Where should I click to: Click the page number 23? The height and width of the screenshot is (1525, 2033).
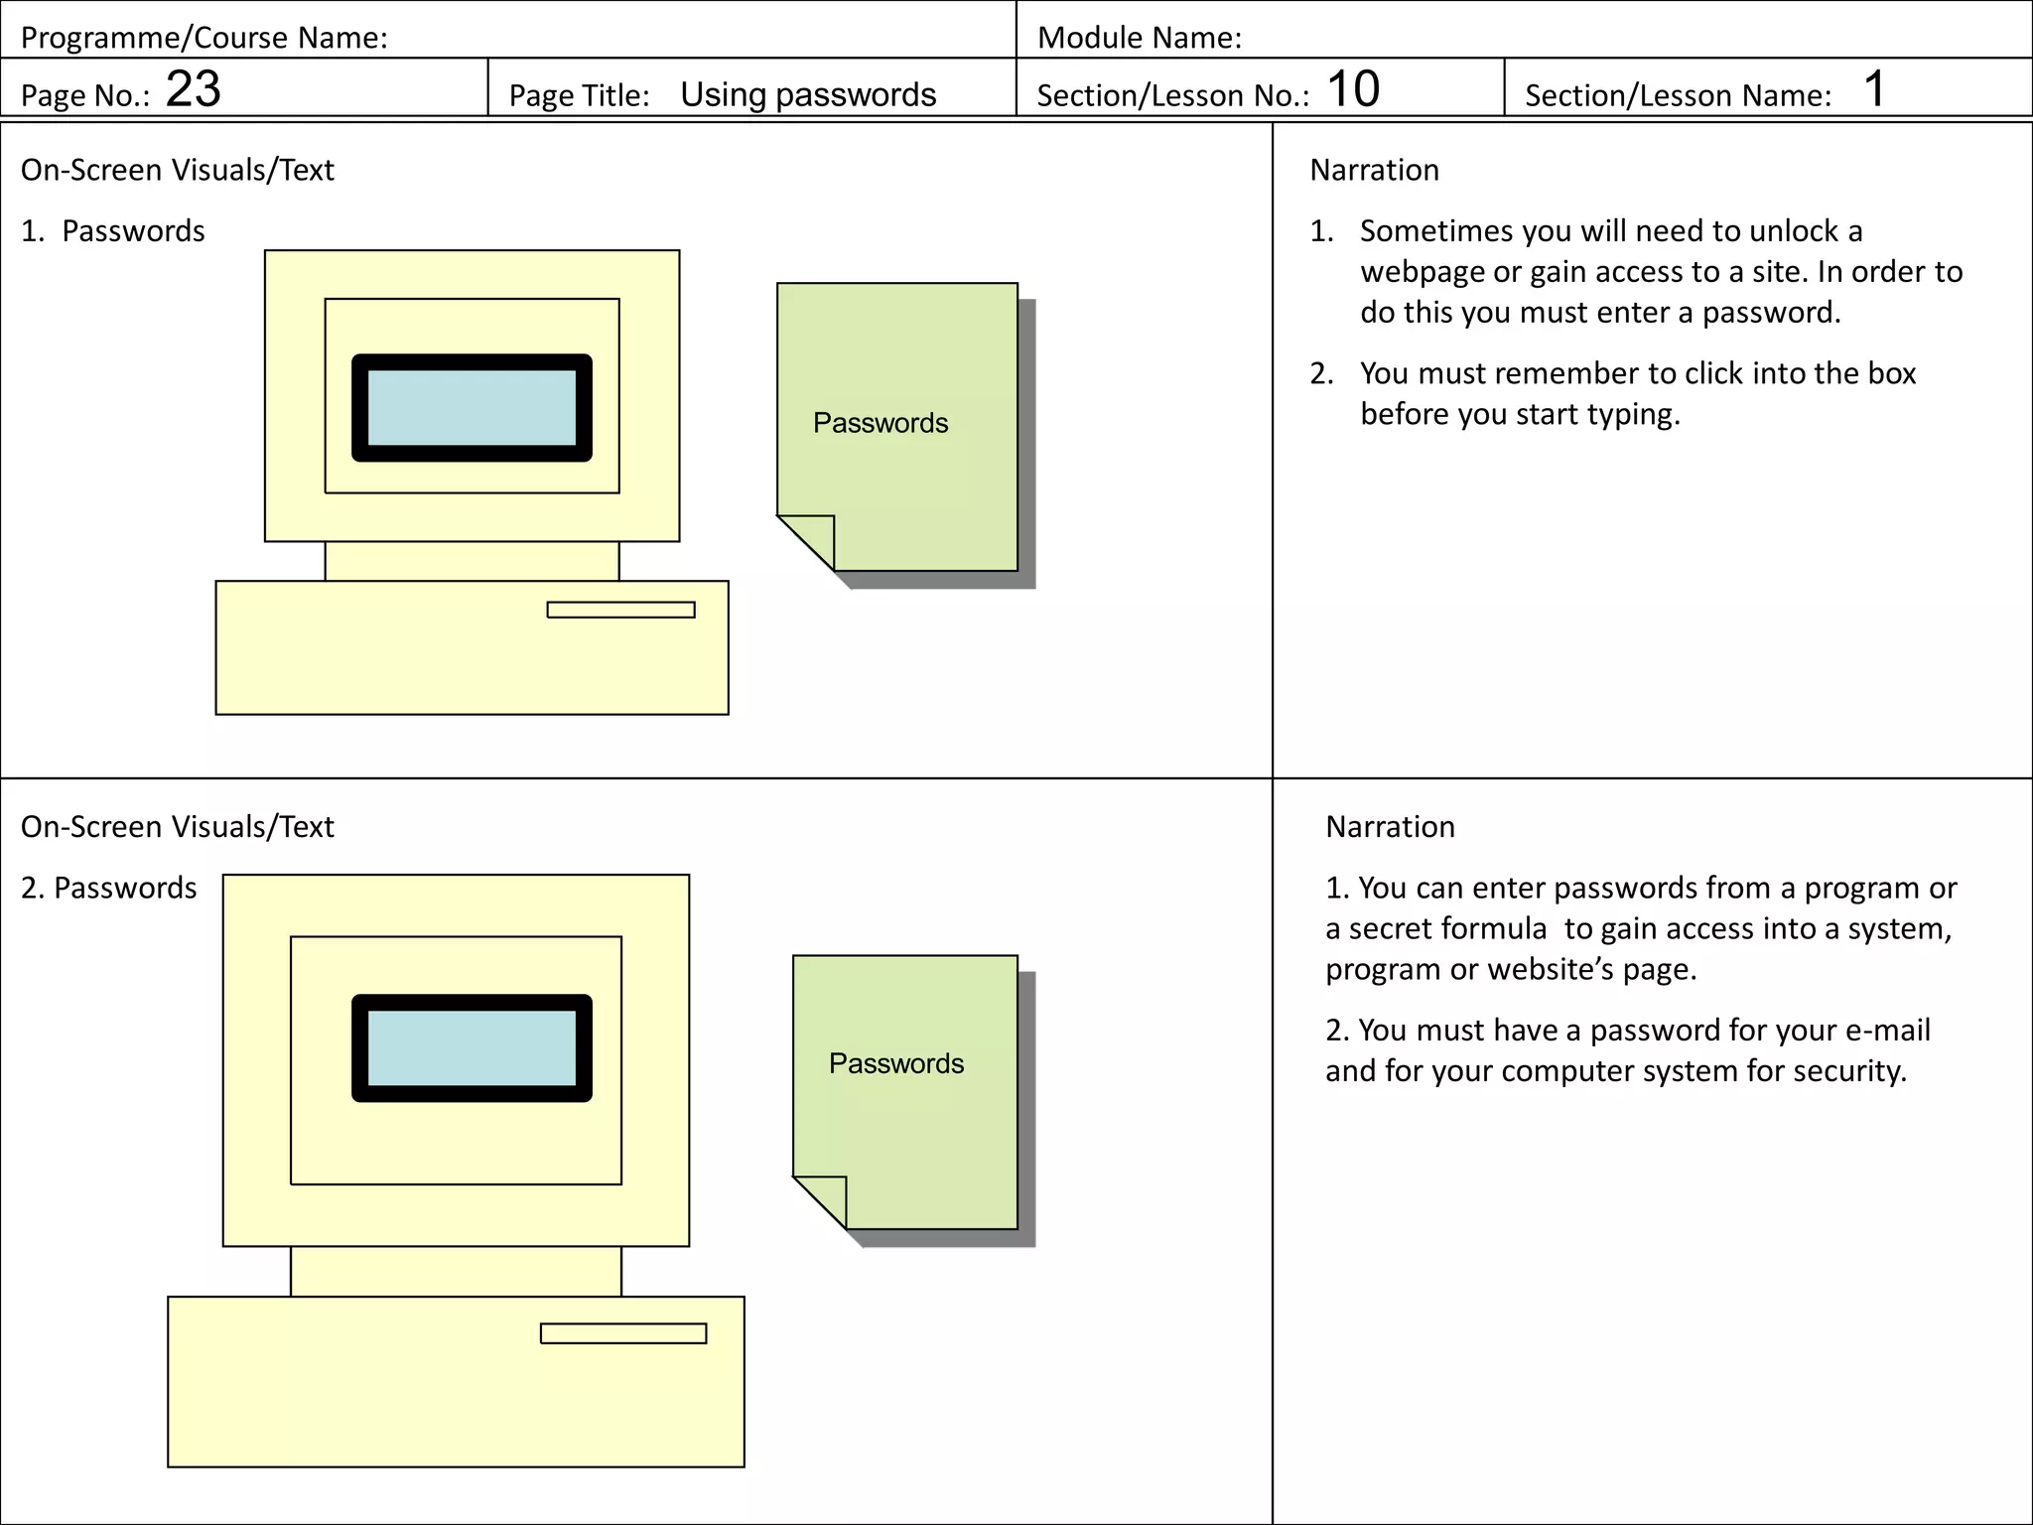pyautogui.click(x=193, y=89)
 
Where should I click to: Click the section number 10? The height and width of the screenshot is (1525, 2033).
pyautogui.click(x=1352, y=89)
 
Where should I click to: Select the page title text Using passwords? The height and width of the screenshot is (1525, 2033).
pyautogui.click(x=807, y=94)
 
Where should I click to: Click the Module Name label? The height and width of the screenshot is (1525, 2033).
pyautogui.click(x=1139, y=38)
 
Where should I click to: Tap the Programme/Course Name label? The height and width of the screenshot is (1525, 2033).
pyautogui.click(x=203, y=38)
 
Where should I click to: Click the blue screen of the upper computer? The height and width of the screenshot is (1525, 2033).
pyautogui.click(x=472, y=408)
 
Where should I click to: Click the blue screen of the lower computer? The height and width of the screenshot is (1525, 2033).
pyautogui.click(x=472, y=1048)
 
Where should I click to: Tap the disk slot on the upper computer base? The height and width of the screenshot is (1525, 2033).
pyautogui.click(x=620, y=610)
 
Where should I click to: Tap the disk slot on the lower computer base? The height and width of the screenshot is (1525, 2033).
pyautogui.click(x=622, y=1333)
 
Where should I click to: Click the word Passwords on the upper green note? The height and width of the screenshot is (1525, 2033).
pyautogui.click(x=880, y=423)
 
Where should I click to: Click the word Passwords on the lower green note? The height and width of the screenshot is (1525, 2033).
pyautogui.click(x=895, y=1063)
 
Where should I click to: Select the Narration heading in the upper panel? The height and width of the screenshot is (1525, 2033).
pyautogui.click(x=1374, y=170)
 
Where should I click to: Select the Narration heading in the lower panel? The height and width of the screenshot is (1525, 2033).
pyautogui.click(x=1390, y=827)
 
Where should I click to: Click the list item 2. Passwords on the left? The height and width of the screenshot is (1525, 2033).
pyautogui.click(x=109, y=888)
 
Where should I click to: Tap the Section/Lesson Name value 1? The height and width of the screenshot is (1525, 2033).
pyautogui.click(x=1873, y=89)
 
